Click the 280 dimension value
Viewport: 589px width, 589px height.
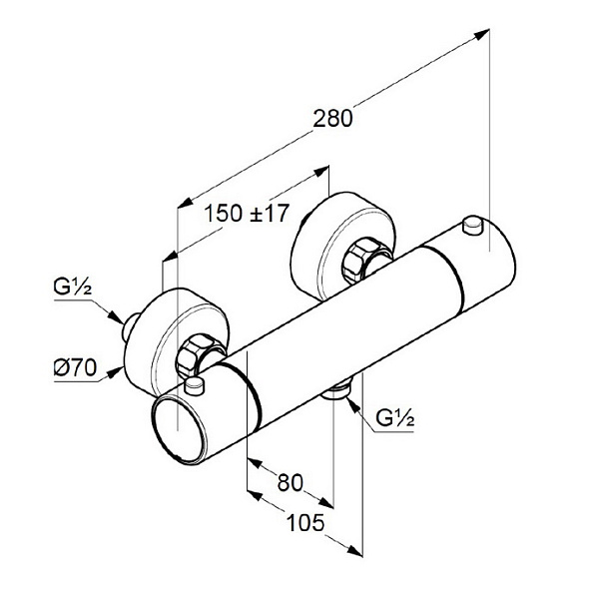(x=333, y=119)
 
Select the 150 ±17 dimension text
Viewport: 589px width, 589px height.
(x=247, y=214)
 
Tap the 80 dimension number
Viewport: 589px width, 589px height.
(x=290, y=483)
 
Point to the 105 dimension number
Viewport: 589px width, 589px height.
(x=305, y=523)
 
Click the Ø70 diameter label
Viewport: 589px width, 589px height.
(x=75, y=367)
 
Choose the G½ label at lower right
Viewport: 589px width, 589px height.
(x=395, y=418)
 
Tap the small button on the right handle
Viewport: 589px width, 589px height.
(x=473, y=225)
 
